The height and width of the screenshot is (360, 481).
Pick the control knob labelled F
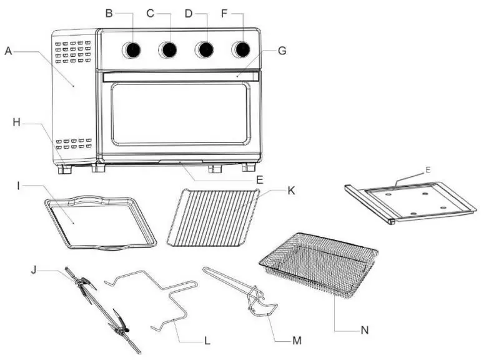(241, 50)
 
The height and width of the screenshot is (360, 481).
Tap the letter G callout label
(282, 51)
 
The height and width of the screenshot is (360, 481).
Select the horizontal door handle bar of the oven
(178, 76)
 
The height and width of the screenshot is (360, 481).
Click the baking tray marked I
(100, 222)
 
